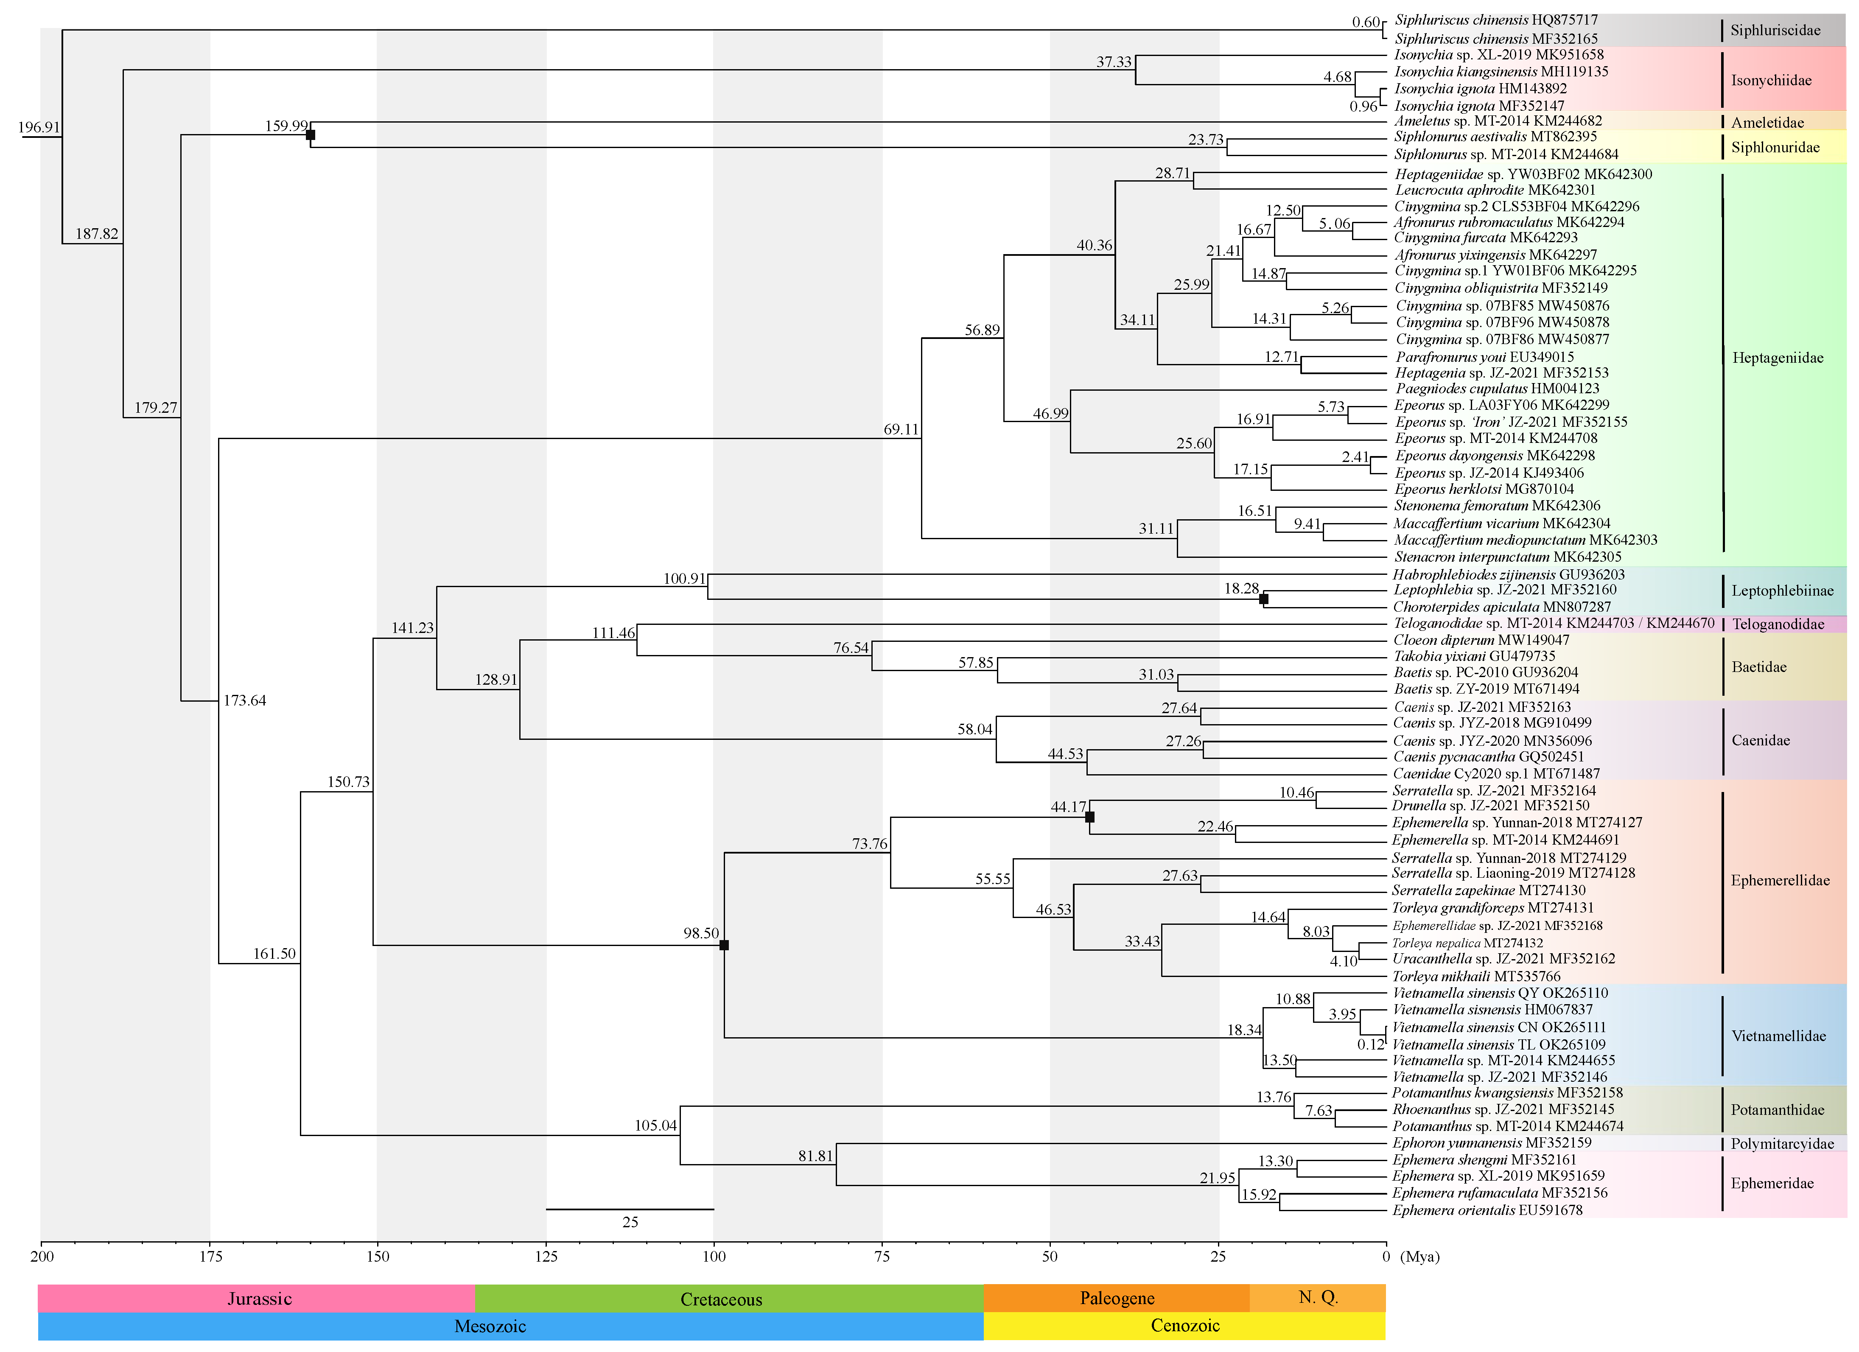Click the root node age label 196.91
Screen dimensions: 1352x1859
point(39,127)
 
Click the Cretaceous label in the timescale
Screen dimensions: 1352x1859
point(721,1299)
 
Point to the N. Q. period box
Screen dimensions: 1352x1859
point(1317,1297)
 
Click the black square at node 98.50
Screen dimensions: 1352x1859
point(724,945)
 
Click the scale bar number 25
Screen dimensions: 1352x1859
point(630,1222)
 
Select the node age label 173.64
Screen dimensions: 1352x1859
point(244,700)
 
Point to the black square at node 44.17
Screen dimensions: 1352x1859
point(1089,817)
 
